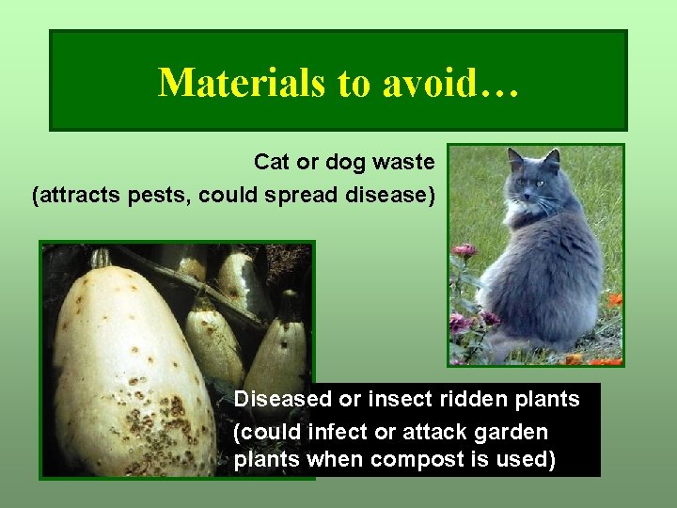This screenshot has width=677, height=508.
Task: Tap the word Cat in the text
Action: [273, 162]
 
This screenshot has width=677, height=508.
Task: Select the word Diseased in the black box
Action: [283, 399]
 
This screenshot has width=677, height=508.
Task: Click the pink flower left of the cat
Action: [464, 251]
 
